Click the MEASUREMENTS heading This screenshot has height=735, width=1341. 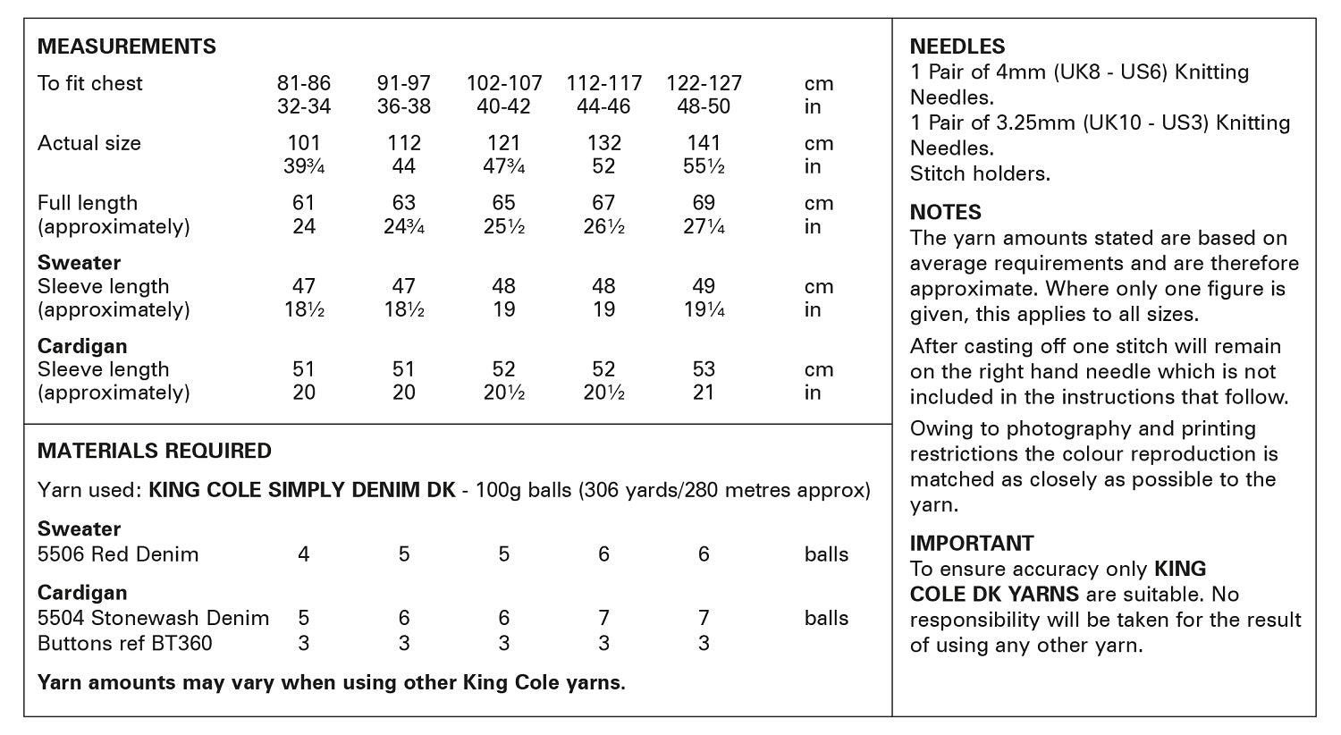(126, 46)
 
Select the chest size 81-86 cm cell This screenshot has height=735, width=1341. (304, 83)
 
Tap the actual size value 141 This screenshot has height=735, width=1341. (704, 143)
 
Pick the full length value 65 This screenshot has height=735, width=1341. (503, 203)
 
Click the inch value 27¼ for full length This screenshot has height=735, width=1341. (704, 226)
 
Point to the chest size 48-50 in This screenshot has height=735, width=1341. (704, 106)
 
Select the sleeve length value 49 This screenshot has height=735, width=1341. (704, 286)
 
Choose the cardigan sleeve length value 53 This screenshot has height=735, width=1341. (704, 369)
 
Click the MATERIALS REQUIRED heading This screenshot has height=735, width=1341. (155, 451)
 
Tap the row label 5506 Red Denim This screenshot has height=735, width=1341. (118, 554)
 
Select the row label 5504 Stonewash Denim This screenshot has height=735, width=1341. (153, 618)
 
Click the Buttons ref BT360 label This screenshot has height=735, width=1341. (125, 643)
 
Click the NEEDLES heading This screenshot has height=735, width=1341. (957, 46)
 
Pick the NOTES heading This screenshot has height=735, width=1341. (945, 213)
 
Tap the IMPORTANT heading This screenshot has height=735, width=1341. (972, 544)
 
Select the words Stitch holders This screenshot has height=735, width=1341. (980, 173)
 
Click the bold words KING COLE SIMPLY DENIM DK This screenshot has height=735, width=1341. (301, 491)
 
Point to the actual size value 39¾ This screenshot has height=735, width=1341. (304, 166)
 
